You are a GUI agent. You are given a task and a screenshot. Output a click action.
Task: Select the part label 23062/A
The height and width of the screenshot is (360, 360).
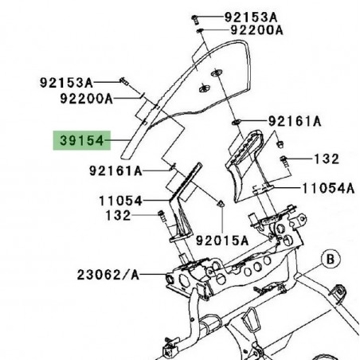pyautogui.click(x=108, y=275)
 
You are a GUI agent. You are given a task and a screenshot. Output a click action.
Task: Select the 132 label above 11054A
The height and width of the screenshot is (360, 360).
pyautogui.click(x=327, y=159)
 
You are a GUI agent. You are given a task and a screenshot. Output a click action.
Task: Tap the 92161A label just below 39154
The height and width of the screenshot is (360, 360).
pyautogui.click(x=115, y=170)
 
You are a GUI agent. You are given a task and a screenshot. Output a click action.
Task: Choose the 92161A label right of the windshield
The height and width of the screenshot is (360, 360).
pyautogui.click(x=294, y=122)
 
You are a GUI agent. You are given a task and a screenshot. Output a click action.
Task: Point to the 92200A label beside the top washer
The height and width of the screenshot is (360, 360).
pyautogui.click(x=257, y=30)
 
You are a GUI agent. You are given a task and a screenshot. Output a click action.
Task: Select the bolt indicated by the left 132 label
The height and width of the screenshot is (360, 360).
pyautogui.click(x=161, y=216)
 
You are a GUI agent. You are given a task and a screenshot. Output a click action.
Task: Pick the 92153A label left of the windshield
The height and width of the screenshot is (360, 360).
pyautogui.click(x=67, y=82)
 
